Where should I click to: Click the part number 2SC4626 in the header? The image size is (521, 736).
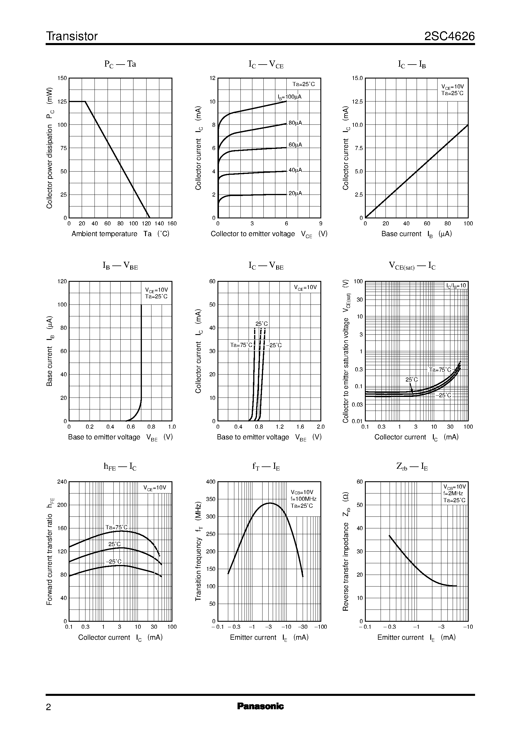449,36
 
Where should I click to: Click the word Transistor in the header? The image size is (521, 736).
72,36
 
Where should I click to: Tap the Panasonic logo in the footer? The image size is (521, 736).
260,706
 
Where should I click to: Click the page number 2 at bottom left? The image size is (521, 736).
49,707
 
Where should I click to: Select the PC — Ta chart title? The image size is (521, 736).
120,64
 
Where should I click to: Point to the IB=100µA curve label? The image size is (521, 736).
289,97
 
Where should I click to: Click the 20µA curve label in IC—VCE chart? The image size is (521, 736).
295,193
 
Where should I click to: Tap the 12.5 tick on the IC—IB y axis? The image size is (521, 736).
357,102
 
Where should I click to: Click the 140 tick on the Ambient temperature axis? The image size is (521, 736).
159,224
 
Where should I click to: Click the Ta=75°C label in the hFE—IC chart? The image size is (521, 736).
117,528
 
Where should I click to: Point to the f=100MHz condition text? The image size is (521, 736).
303,499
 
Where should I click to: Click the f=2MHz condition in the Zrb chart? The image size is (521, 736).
453,493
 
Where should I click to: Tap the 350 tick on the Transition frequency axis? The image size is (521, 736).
211,499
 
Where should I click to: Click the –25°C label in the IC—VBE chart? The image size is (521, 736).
274,345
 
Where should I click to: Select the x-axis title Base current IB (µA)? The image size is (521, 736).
416,234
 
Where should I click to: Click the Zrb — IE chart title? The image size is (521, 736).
412,467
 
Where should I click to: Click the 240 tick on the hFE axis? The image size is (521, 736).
62,482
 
